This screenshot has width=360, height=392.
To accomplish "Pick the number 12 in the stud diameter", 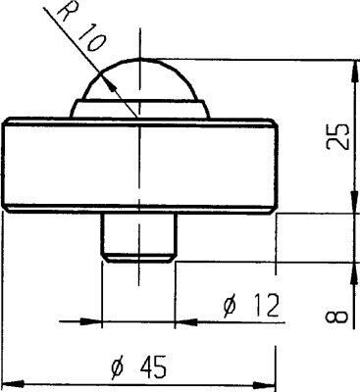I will [259, 307].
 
